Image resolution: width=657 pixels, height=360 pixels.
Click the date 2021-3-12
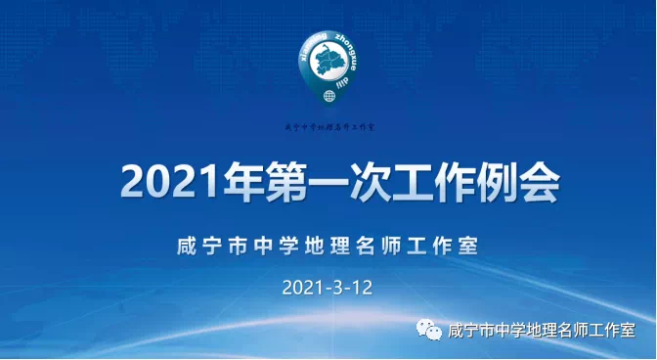pyautogui.click(x=328, y=289)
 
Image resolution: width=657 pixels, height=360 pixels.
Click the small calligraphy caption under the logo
pyautogui.click(x=329, y=127)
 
